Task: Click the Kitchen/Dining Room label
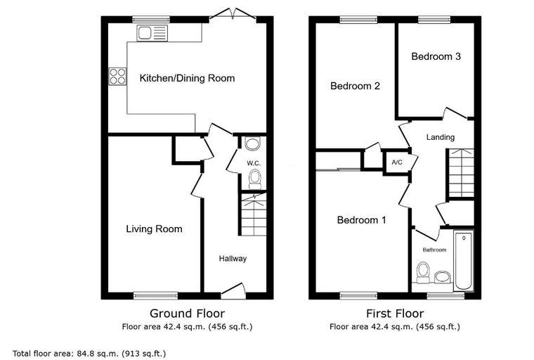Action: [187, 78]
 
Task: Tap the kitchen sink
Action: [152, 33]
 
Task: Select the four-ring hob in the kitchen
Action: [118, 76]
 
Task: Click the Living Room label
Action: [154, 229]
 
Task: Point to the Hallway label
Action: [233, 259]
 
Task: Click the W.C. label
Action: [254, 163]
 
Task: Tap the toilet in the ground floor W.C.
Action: [255, 179]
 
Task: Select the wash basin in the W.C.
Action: [252, 143]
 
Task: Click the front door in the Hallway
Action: [233, 291]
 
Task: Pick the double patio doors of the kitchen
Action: [233, 16]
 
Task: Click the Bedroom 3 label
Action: [436, 56]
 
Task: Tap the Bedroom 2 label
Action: [355, 86]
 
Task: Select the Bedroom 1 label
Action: [361, 220]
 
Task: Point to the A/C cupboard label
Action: [397, 162]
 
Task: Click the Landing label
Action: [441, 137]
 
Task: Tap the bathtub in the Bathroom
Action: [464, 260]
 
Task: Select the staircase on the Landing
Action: [461, 173]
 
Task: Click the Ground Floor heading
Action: [188, 314]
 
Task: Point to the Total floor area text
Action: [89, 354]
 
